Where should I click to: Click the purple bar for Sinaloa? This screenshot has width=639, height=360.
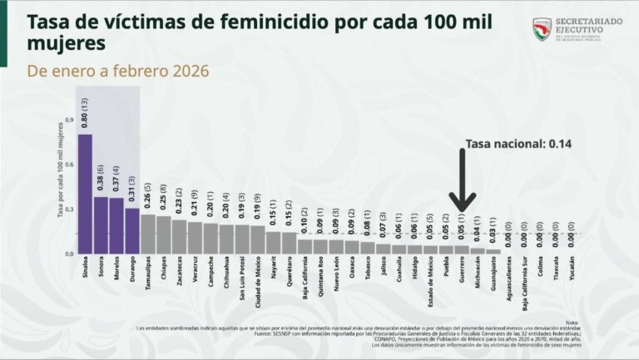(x=85, y=193)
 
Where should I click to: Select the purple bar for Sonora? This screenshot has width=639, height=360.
(x=101, y=224)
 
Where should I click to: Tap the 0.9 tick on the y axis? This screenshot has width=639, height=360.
(x=70, y=120)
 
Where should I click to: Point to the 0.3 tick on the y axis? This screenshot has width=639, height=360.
(x=70, y=209)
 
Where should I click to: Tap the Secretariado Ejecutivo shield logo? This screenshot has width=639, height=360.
(x=542, y=30)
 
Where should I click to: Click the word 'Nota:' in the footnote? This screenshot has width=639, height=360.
(x=572, y=323)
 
